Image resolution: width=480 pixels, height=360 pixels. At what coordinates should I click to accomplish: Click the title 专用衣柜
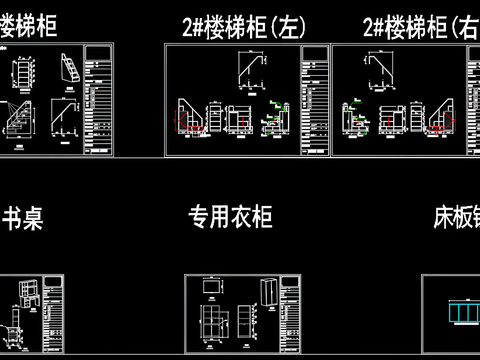pos(231,216)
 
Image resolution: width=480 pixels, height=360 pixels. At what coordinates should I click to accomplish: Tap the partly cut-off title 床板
pos(456,217)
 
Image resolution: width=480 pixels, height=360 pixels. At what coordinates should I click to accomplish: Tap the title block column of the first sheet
pos(98,100)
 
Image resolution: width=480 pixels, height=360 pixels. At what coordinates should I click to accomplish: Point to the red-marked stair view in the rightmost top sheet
pos(440,118)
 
